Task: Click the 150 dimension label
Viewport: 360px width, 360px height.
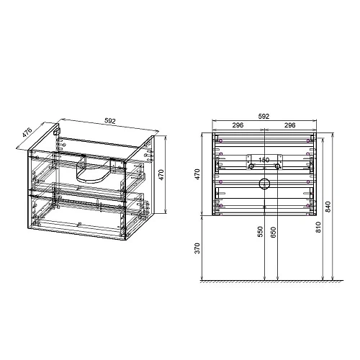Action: (264, 160)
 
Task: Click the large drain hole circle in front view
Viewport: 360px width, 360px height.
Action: (264, 183)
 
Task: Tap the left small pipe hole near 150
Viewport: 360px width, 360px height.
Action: (252, 167)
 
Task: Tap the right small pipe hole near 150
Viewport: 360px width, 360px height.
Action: (277, 167)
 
